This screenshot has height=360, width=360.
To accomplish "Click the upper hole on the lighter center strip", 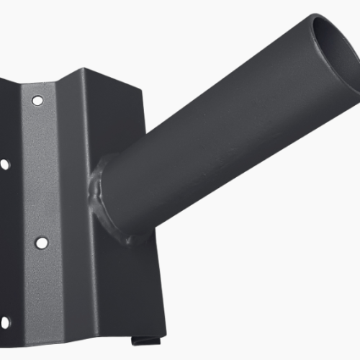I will coord(37,99).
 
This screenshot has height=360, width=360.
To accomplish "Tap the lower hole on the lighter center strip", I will coord(41,243).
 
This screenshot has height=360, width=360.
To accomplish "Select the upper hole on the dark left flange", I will coord(4,164).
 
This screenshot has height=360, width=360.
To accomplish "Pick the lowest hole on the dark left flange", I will coord(4,322).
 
